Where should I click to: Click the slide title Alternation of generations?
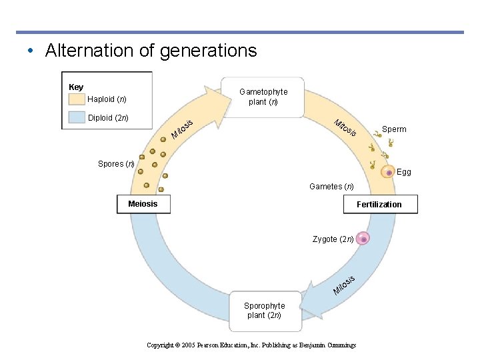[x=150, y=51]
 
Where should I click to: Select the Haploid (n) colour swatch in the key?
[x=77, y=99]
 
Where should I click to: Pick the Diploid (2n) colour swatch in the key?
[x=77, y=119]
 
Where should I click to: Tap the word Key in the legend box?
[x=76, y=87]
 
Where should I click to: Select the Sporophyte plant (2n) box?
[x=264, y=311]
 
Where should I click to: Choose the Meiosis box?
[x=143, y=204]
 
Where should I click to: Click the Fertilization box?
[x=379, y=204]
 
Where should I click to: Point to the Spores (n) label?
[x=116, y=164]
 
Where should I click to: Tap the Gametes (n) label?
[x=331, y=187]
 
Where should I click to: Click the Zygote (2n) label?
[x=333, y=239]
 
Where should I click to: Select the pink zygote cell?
[x=363, y=239]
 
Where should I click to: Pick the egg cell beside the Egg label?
[x=388, y=173]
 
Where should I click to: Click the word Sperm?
[x=394, y=129]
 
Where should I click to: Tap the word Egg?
[x=404, y=172]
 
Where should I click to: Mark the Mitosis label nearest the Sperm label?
[x=345, y=127]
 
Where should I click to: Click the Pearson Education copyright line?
[x=251, y=345]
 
